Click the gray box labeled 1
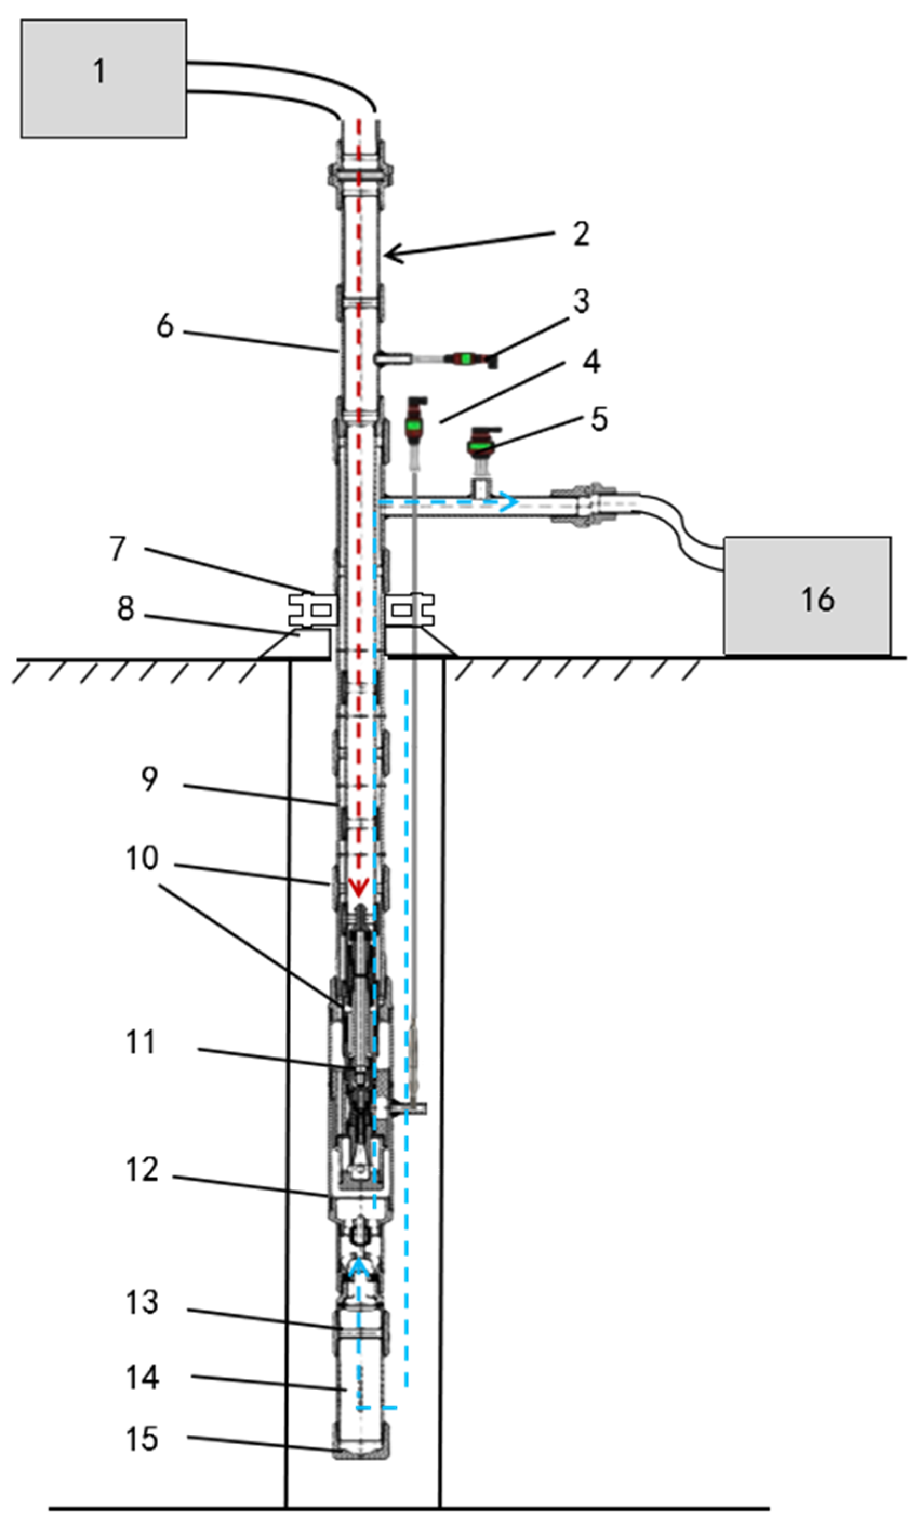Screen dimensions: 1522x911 pos(103,78)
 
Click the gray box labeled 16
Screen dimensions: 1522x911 pos(807,596)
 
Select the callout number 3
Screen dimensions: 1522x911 pos(581,301)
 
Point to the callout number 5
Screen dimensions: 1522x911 pos(599,420)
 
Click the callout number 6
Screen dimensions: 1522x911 pos(165,326)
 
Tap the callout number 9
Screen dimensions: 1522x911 pos(149,779)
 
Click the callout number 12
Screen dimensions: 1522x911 pos(142,1169)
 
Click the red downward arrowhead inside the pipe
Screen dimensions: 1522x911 pos(358,887)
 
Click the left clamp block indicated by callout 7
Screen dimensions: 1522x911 pos(312,609)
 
